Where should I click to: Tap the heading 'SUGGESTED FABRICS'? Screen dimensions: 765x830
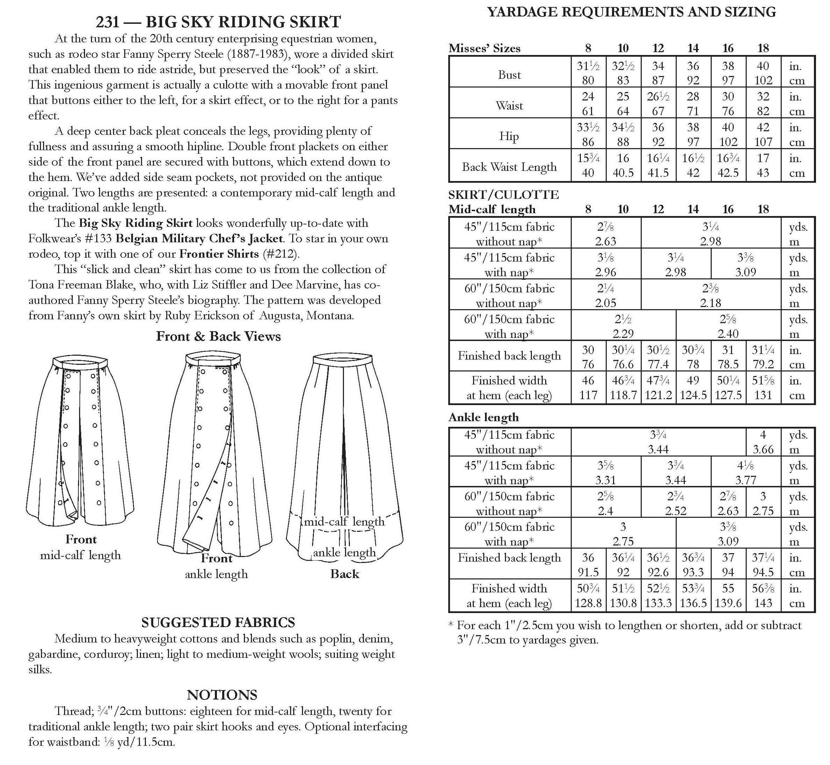pyautogui.click(x=218, y=623)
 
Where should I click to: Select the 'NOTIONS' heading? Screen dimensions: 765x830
pyautogui.click(x=222, y=695)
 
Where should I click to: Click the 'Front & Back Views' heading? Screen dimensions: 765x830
pyautogui.click(x=218, y=336)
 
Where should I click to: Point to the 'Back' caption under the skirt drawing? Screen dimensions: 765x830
pyautogui.click(x=344, y=574)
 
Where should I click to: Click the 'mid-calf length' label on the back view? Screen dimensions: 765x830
pyautogui.click(x=344, y=522)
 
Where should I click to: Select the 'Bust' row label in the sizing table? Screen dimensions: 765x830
pyautogui.click(x=509, y=75)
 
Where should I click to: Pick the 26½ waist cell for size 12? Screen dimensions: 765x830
pyautogui.click(x=658, y=97)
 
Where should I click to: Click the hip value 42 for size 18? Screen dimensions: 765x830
pyautogui.click(x=763, y=127)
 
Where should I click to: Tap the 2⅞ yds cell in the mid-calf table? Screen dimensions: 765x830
pyautogui.click(x=605, y=227)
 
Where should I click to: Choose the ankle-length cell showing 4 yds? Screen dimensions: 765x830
pyautogui.click(x=763, y=435)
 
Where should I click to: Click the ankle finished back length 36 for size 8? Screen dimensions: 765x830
pyautogui.click(x=588, y=558)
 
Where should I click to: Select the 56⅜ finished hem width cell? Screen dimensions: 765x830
pyautogui.click(x=763, y=588)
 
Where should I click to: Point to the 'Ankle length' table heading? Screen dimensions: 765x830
pyautogui.click(x=483, y=417)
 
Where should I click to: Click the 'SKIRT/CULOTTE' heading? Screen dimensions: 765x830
pyautogui.click(x=504, y=195)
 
